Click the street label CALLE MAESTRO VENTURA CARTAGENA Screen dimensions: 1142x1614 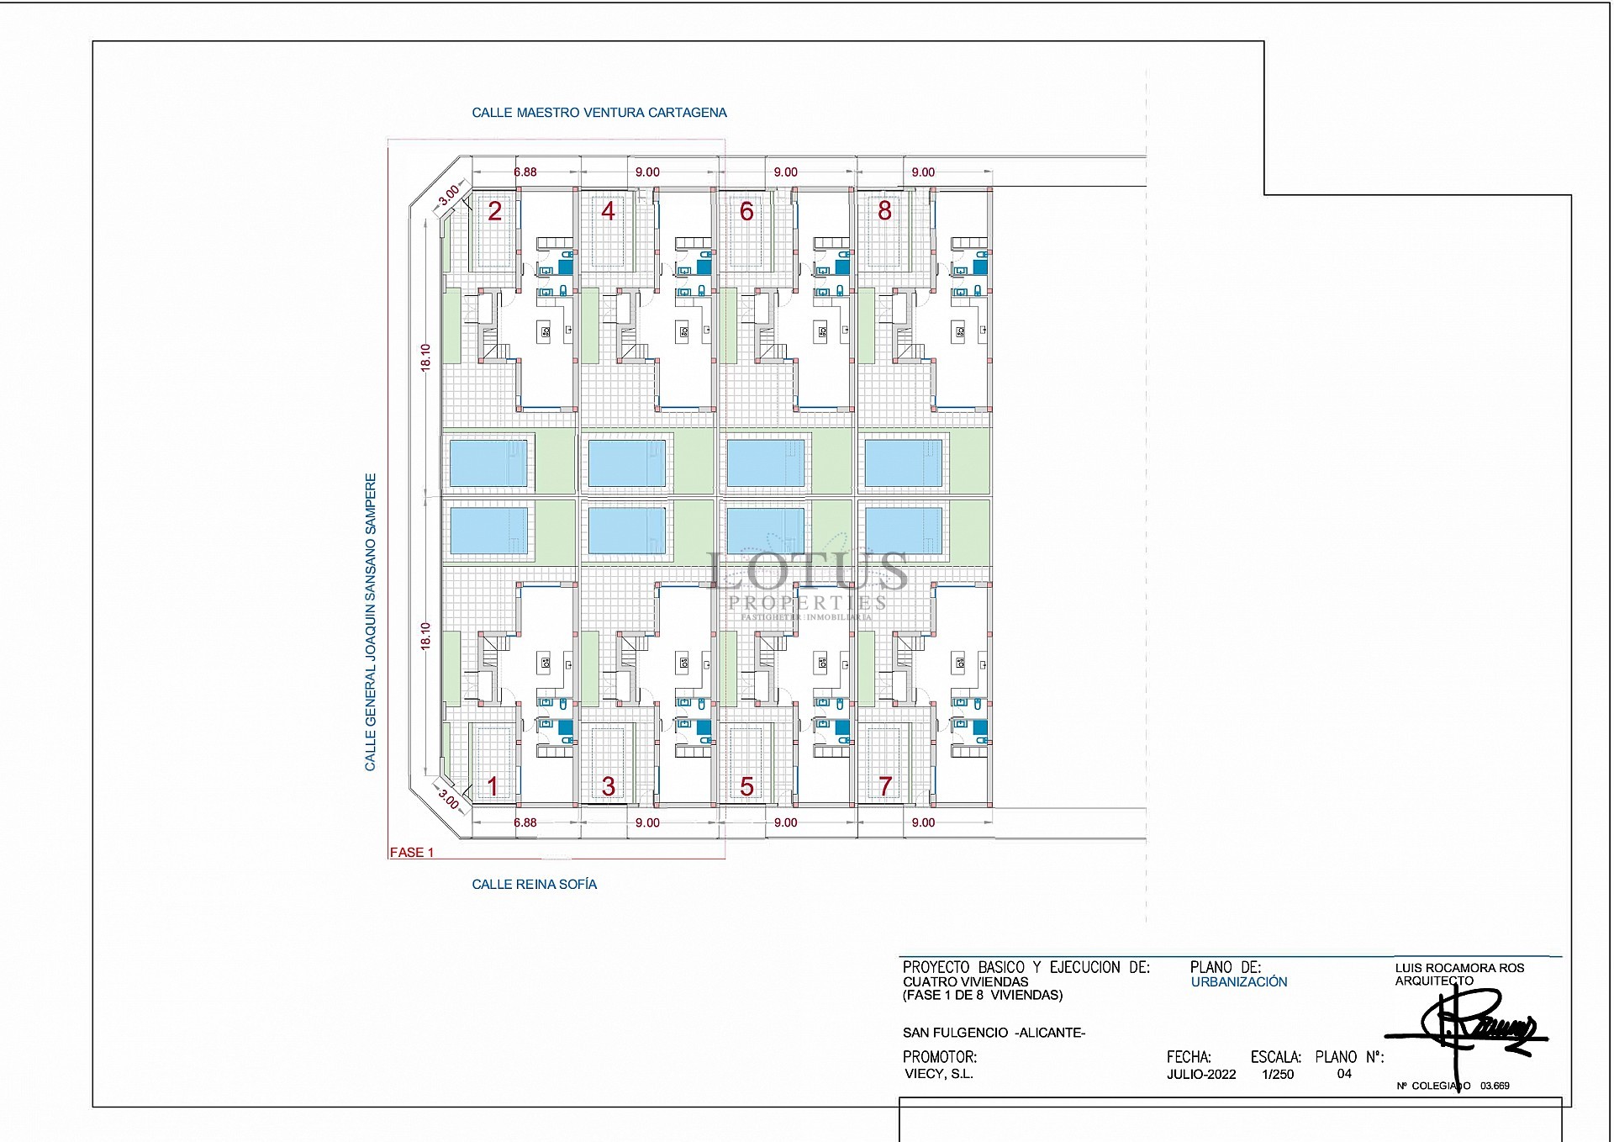point(599,113)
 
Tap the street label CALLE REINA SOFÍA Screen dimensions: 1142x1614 point(534,885)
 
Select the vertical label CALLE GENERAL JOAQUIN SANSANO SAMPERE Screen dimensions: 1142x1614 point(371,622)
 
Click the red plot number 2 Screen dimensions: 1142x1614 point(495,211)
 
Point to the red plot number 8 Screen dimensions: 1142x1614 point(884,211)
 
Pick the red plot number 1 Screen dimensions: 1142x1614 point(493,786)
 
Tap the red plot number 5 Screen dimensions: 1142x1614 point(746,786)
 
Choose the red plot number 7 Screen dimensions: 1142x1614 point(884,786)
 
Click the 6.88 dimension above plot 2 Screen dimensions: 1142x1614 point(525,172)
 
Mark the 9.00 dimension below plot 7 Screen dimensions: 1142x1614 point(923,823)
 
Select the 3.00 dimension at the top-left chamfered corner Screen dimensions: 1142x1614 point(450,193)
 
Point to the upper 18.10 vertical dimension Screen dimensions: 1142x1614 point(425,357)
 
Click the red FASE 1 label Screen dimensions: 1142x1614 point(412,853)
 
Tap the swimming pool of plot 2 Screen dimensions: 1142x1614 point(488,463)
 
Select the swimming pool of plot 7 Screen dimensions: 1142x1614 point(904,531)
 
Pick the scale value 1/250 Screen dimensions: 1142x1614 point(1278,1075)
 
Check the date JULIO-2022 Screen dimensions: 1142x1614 point(1201,1075)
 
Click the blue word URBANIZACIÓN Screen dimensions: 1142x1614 point(1239,982)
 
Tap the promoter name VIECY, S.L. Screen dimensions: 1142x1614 point(938,1074)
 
